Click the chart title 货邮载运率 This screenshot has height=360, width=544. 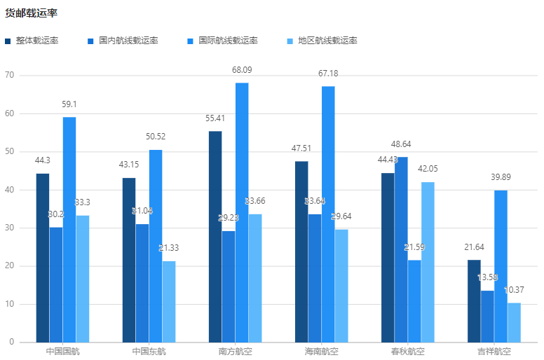31,13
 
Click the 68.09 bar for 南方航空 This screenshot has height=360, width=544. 242,212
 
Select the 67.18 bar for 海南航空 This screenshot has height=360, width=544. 328,214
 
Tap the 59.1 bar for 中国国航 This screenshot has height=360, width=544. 69,229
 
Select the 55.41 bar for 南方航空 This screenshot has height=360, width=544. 215,236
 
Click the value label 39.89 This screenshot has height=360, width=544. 501,177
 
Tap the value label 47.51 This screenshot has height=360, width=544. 301,148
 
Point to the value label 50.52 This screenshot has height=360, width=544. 156,137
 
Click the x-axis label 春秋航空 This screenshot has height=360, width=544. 408,351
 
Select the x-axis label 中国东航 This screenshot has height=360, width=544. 149,351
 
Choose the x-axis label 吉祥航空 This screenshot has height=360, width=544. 494,351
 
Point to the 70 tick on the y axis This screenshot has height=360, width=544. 10,75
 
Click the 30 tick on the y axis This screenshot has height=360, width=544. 10,228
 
